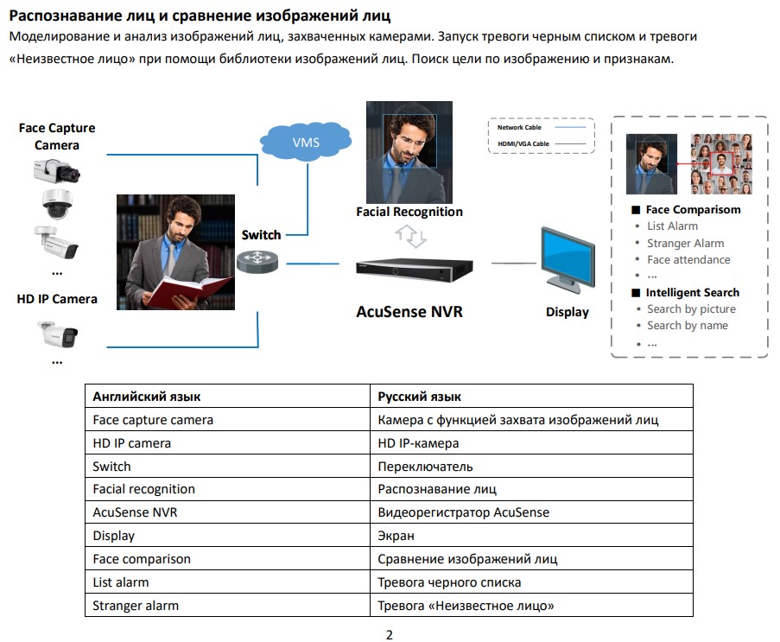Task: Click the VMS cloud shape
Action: tap(305, 141)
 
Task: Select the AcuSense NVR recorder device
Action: tap(417, 269)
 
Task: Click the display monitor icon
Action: tap(568, 263)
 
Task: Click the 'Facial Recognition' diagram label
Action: tap(409, 212)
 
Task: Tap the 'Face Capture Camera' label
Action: tap(57, 137)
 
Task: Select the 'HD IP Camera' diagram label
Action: tap(57, 299)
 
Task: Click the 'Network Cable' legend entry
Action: tap(520, 128)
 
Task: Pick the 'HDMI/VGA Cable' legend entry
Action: tap(523, 143)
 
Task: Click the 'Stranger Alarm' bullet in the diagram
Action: tap(685, 243)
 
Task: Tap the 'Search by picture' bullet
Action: tap(691, 308)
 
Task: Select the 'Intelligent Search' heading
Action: tap(692, 292)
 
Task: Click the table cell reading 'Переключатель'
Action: tap(425, 467)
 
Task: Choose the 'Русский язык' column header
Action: tap(419, 397)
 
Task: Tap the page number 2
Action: tap(389, 635)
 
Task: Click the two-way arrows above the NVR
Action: tap(410, 236)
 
